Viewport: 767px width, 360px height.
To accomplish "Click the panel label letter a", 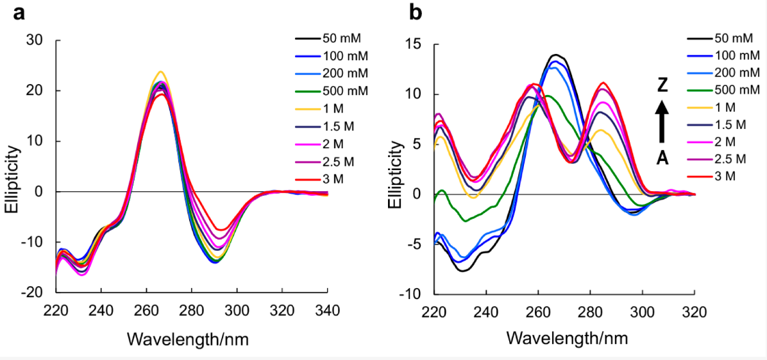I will click(x=20, y=12).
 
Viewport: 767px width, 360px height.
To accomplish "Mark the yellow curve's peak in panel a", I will click(x=160, y=72).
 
